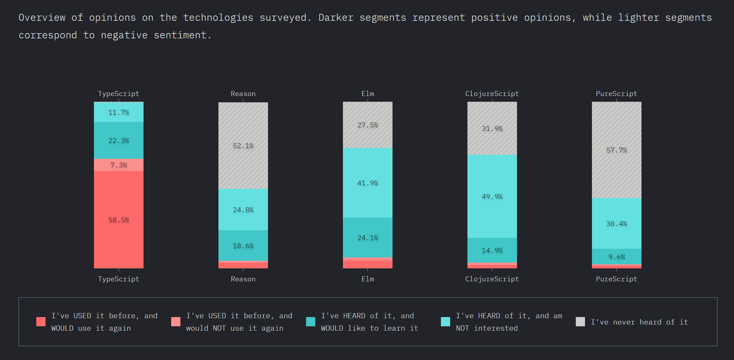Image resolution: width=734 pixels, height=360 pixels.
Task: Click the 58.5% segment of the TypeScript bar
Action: point(119,220)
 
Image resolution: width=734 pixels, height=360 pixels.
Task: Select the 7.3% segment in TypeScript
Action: point(119,165)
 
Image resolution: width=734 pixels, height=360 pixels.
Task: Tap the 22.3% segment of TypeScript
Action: point(119,140)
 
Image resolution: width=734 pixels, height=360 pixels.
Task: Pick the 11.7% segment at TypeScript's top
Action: point(119,112)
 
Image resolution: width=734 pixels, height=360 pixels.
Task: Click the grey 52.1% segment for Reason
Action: point(243,146)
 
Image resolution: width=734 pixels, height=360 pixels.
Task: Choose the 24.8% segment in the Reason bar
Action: point(243,210)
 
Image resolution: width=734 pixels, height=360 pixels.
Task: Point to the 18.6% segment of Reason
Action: point(243,246)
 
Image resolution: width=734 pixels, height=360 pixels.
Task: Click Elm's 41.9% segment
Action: point(368,183)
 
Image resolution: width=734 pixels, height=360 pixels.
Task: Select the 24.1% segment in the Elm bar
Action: point(368,238)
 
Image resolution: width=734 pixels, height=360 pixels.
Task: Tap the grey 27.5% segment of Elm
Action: point(368,125)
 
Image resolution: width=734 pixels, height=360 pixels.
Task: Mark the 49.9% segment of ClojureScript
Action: point(492,196)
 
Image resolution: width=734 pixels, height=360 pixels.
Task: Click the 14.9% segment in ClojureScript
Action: point(492,250)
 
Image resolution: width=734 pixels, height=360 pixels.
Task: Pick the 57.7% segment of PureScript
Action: point(617,150)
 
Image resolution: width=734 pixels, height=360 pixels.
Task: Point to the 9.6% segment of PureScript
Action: point(617,257)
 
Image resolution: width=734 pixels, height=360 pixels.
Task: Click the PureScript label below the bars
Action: point(617,279)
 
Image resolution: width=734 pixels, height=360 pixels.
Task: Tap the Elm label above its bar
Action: point(368,94)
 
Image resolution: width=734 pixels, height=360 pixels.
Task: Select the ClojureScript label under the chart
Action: point(492,279)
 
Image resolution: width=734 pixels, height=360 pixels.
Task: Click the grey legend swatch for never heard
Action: point(580,322)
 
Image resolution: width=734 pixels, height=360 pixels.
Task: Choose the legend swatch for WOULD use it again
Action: point(41,322)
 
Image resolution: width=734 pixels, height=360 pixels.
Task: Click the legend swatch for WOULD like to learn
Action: point(311,322)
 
